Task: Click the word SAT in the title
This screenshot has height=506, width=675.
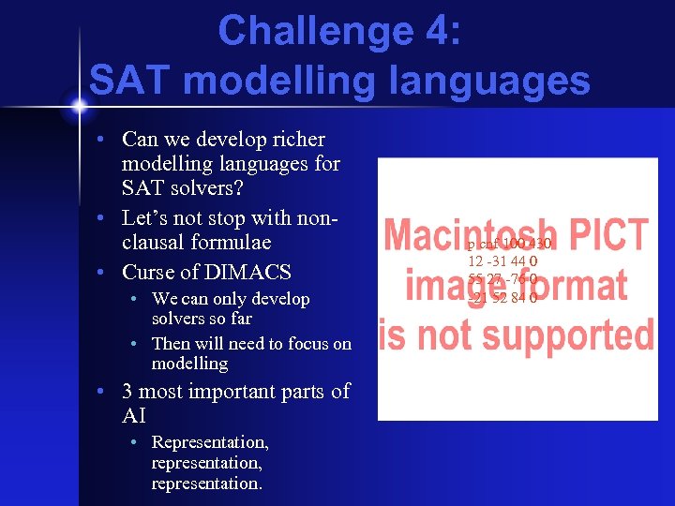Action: click(130, 81)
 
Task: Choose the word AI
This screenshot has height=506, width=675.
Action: click(135, 415)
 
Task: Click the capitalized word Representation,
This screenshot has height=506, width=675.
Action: click(210, 441)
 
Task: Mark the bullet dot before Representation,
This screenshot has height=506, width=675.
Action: click(135, 441)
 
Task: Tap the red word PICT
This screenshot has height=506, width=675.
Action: click(611, 234)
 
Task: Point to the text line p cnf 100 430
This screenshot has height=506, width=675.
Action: click(509, 245)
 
